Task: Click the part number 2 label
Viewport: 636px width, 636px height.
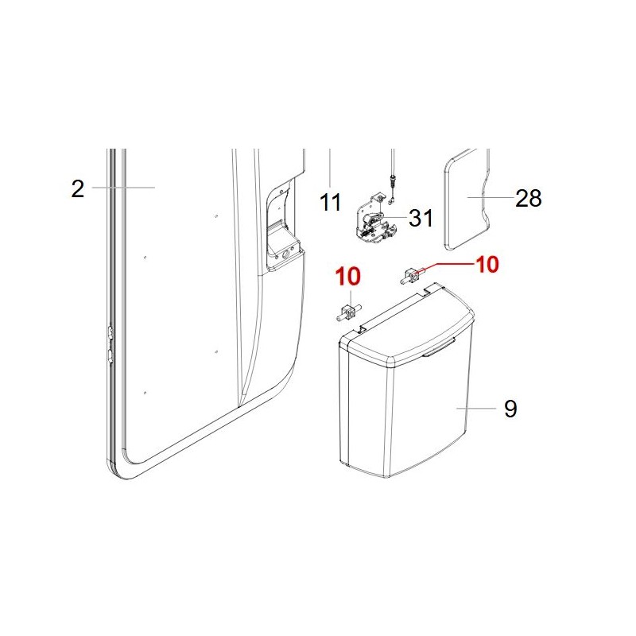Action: coord(77,189)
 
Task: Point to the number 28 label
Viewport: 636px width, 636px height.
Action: coord(528,198)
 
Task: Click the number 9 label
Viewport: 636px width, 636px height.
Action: coord(510,409)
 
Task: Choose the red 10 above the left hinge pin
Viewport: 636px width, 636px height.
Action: coord(347,277)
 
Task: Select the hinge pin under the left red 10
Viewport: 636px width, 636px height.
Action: coord(347,312)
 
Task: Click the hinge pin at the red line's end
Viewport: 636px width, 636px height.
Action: coord(410,277)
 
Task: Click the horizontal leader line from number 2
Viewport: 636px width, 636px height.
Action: coord(123,188)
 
